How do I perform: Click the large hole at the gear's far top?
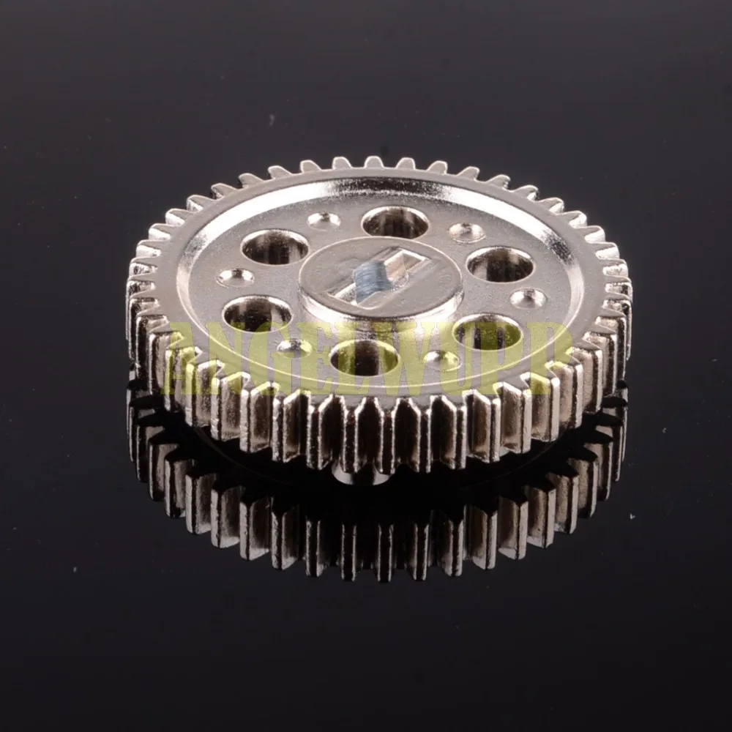click(395, 222)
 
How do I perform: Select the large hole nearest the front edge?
click(365, 357)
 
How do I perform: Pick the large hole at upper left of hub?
click(274, 247)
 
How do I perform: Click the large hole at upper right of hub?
click(500, 264)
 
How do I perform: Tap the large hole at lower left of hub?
click(257, 313)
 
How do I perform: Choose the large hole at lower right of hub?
click(488, 333)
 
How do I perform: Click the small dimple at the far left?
click(236, 277)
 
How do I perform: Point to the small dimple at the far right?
click(528, 298)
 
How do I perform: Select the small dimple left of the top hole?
click(324, 220)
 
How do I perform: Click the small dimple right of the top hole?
click(466, 232)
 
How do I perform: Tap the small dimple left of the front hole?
click(294, 348)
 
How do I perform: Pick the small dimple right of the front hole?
click(442, 359)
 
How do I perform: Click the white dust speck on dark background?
click(632, 517)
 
